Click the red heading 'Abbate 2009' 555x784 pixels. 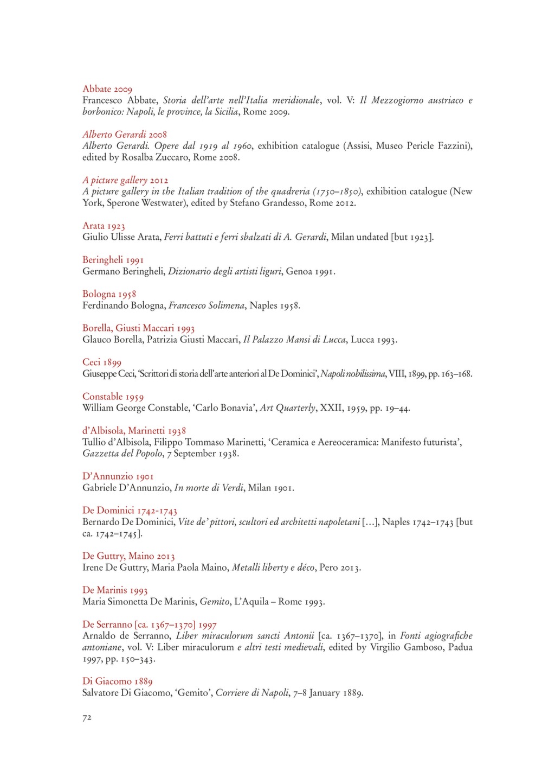(x=107, y=89)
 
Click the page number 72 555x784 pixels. (x=87, y=718)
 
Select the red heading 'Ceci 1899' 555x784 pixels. (x=102, y=362)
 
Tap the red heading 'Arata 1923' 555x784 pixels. (x=104, y=226)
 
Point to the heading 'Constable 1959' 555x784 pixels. (x=113, y=397)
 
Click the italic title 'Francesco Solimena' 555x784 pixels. (x=206, y=305)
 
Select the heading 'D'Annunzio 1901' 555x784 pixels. (x=118, y=476)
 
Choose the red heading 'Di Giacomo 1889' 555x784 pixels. (x=118, y=681)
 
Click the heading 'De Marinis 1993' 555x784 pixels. (x=115, y=590)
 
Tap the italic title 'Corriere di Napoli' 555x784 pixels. (x=252, y=693)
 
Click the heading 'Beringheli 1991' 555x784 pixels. (x=113, y=260)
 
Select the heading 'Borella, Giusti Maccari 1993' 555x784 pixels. (x=138, y=328)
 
